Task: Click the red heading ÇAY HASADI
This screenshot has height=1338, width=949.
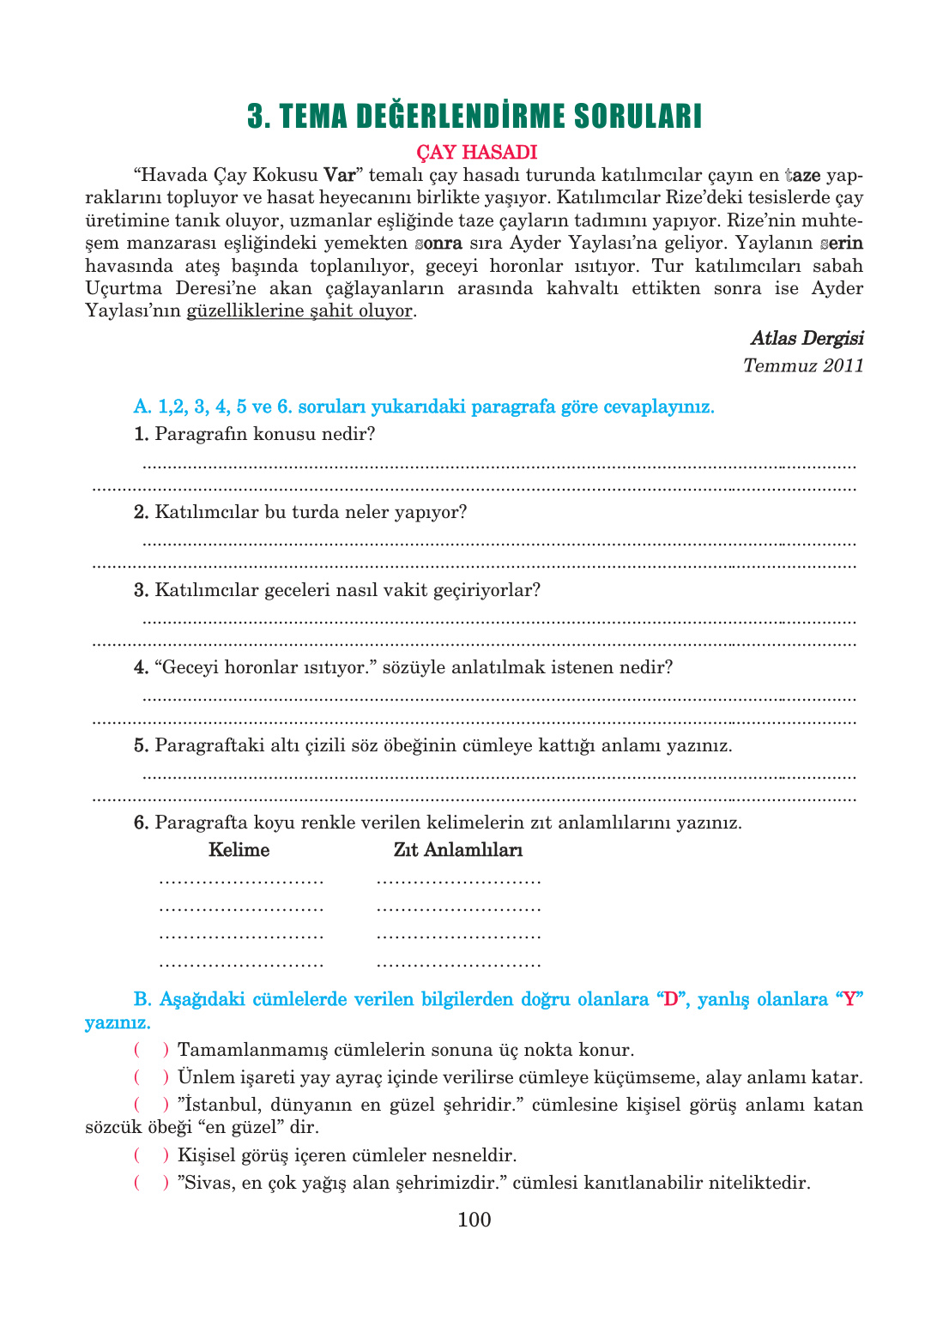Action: (x=476, y=152)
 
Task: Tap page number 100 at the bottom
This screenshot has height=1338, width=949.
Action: (x=474, y=1220)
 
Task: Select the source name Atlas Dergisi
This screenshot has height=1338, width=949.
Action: (x=807, y=338)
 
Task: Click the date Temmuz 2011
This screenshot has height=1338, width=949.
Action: (x=803, y=365)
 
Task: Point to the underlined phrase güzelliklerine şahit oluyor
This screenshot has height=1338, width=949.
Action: (x=299, y=310)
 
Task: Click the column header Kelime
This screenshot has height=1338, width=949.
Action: (x=239, y=850)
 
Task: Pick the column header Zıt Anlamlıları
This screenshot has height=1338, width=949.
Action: (x=458, y=850)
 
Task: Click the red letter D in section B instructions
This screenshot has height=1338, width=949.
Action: (x=671, y=999)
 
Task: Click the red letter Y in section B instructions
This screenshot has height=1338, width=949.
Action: (x=849, y=999)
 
